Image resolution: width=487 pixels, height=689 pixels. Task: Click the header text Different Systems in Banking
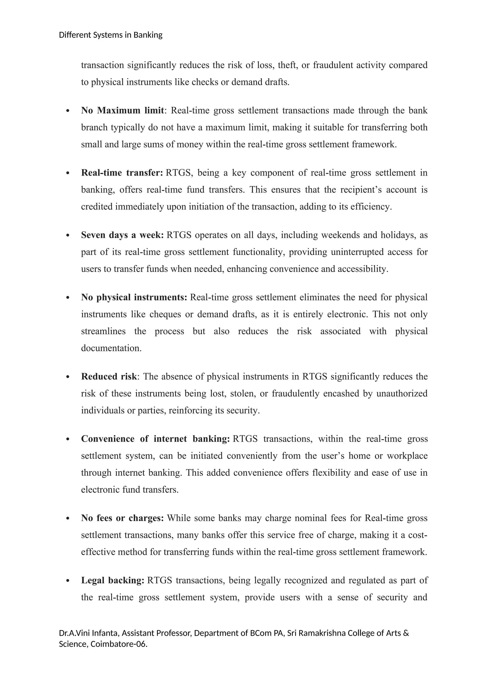111,35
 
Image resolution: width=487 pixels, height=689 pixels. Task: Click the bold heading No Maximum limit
122,110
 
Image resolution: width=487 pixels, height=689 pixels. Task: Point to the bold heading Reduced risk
109,377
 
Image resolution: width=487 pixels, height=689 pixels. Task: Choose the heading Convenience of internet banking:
155,439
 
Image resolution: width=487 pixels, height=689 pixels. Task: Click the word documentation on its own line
111,348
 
